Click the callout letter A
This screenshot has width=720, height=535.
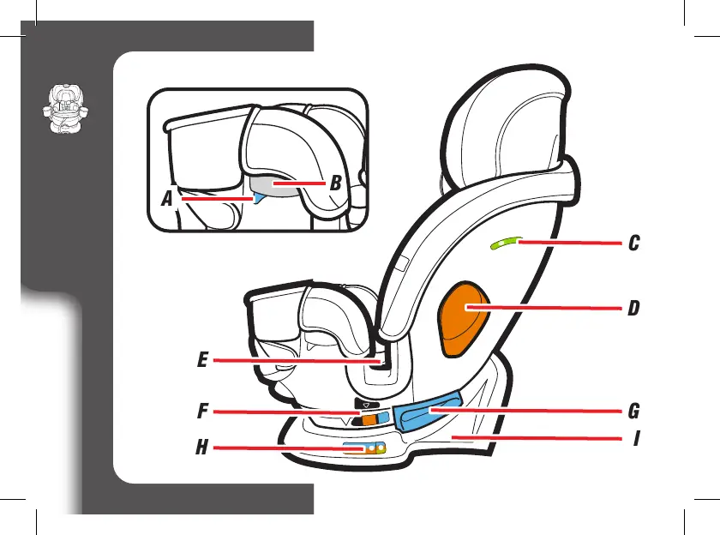168,199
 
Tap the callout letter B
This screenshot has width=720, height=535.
337,183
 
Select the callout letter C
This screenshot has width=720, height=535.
633,243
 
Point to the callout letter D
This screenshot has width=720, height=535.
633,308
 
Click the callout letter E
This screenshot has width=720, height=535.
202,361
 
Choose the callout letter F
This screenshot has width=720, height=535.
202,412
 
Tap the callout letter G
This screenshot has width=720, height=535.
633,412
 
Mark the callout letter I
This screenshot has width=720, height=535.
636,439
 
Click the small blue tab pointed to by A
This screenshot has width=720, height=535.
250,198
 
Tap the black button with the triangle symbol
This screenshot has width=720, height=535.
366,403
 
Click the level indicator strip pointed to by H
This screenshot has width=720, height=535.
363,448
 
